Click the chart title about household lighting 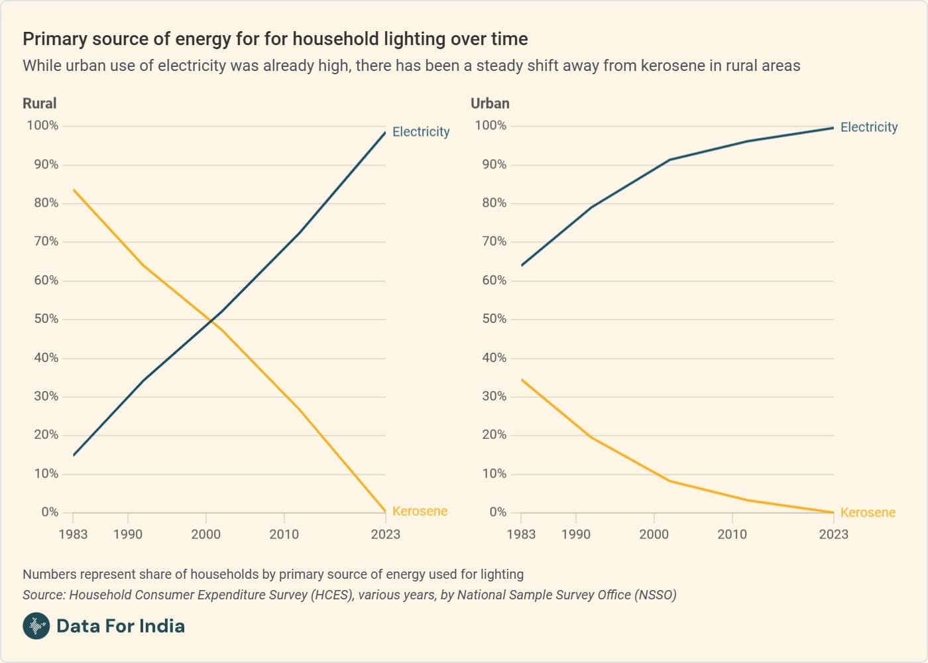[x=275, y=38]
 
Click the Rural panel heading [x=40, y=103]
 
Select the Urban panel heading [x=490, y=103]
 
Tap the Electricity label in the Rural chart [x=421, y=132]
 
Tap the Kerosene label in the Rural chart [x=420, y=511]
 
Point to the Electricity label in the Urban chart [x=869, y=127]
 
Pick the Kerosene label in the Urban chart [x=868, y=512]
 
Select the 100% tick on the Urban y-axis [x=491, y=125]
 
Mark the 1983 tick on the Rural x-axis [x=73, y=534]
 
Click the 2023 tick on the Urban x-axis [x=833, y=534]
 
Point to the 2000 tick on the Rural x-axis [x=206, y=534]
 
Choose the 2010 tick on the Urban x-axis [x=732, y=534]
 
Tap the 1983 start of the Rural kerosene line [x=74, y=190]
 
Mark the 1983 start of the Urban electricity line [x=522, y=265]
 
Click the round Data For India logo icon [x=36, y=626]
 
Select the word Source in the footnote [x=42, y=595]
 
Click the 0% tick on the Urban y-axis [x=498, y=512]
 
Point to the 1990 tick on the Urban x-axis [x=575, y=534]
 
